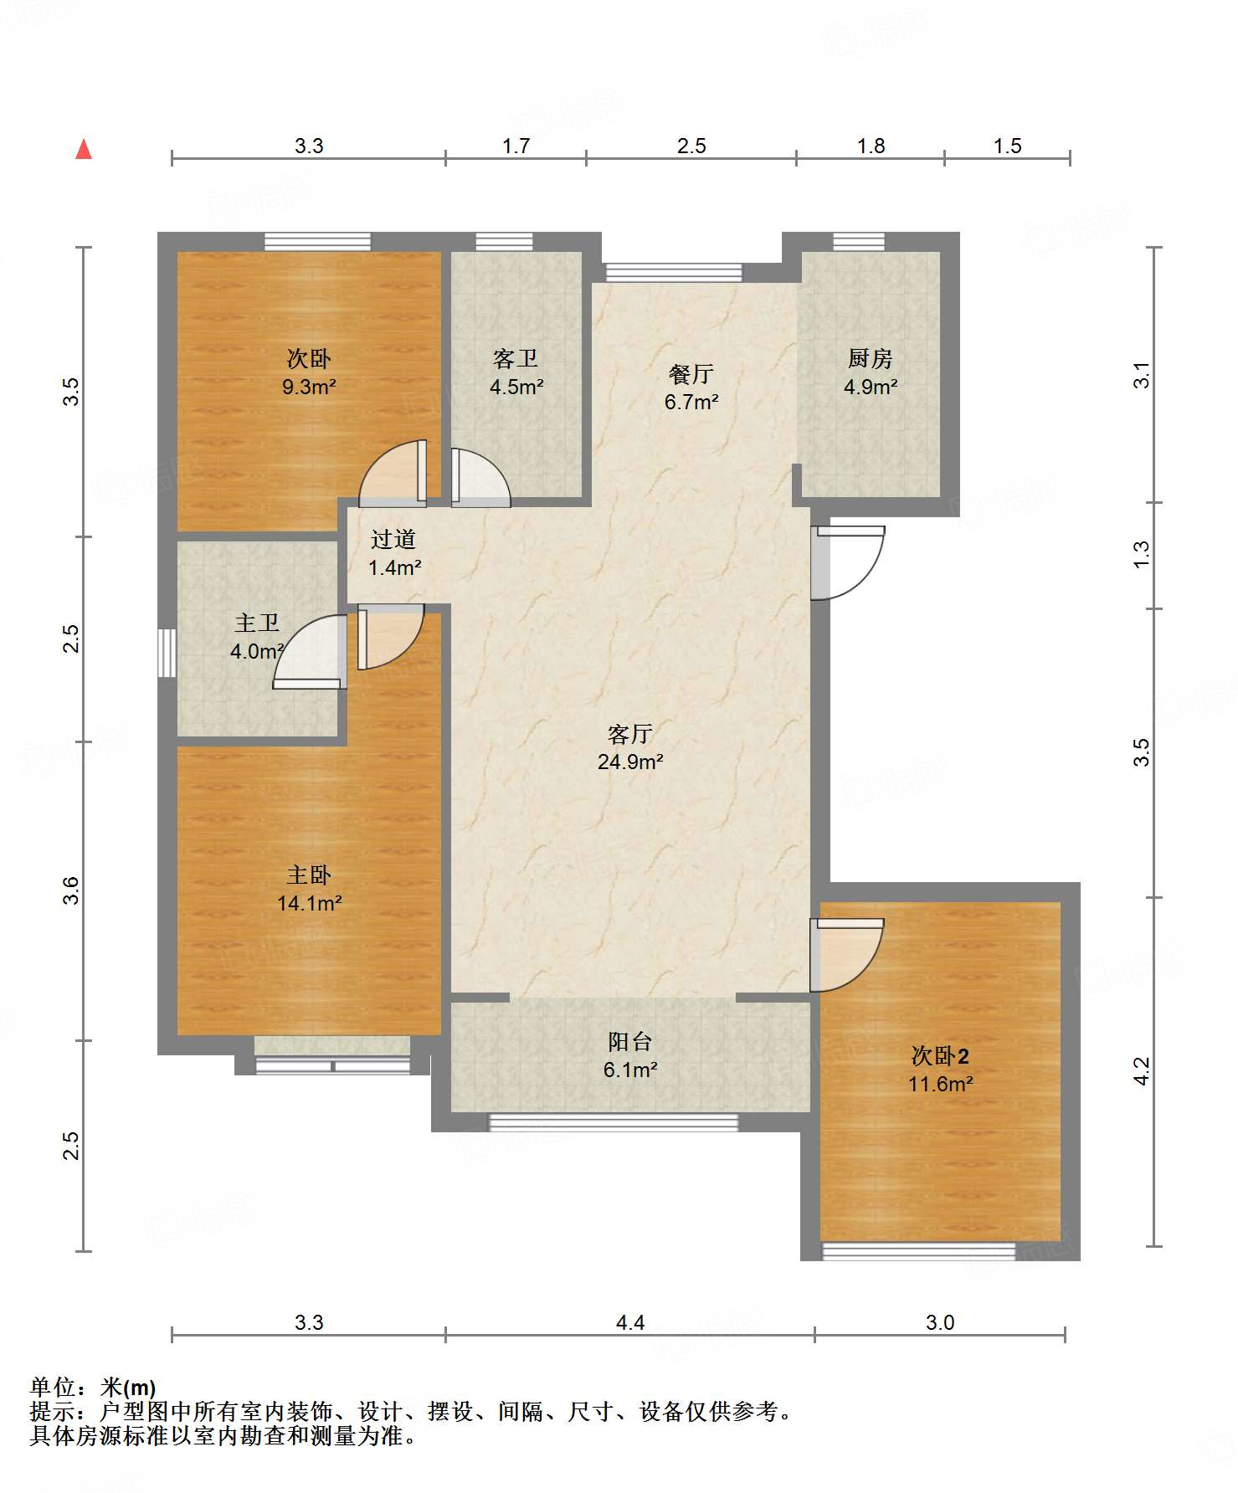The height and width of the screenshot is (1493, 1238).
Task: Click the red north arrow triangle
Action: click(84, 149)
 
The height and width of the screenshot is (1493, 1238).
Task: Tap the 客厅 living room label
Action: click(630, 734)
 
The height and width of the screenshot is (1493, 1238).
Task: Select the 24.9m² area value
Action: click(630, 762)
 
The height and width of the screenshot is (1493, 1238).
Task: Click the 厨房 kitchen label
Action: click(871, 359)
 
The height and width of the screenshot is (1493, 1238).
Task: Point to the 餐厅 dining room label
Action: click(691, 373)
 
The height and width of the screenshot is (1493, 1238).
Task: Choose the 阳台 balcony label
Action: click(630, 1042)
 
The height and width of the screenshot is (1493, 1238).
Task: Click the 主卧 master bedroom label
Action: click(309, 875)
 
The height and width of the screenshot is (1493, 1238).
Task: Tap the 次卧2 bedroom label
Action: click(940, 1056)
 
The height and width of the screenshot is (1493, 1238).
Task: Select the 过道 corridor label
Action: click(393, 540)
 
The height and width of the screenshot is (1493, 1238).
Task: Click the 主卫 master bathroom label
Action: click(257, 623)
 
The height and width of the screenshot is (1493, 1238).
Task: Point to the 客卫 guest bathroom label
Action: click(516, 359)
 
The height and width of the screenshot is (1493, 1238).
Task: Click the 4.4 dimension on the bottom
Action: click(630, 1322)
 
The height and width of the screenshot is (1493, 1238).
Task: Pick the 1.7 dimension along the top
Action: click(516, 146)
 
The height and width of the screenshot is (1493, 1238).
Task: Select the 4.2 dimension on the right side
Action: click(1142, 1071)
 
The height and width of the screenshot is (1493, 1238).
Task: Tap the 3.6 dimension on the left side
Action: click(72, 890)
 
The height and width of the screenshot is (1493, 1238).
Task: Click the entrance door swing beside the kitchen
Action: click(848, 562)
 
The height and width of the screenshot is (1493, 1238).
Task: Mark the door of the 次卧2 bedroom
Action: click(847, 956)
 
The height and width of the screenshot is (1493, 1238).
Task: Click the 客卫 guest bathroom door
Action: click(480, 478)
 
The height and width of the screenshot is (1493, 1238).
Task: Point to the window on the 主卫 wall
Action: click(167, 653)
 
